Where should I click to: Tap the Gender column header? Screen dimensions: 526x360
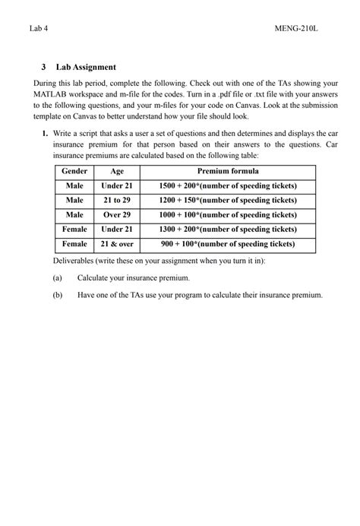coord(74,172)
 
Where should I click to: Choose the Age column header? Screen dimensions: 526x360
coord(117,172)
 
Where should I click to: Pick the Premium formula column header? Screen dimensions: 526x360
coord(228,172)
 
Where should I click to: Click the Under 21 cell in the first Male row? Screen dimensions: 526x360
coord(117,186)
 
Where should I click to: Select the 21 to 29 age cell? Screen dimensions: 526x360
coord(117,201)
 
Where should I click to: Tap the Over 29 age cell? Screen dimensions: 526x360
coord(117,215)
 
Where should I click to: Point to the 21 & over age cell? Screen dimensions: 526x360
coord(117,245)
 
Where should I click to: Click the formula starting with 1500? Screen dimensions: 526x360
coord(228,186)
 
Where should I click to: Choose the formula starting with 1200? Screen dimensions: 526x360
coord(228,201)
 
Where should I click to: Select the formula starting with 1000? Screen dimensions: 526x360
coord(228,215)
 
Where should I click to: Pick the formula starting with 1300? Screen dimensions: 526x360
coord(228,230)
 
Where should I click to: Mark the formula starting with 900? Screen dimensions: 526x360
coord(228,245)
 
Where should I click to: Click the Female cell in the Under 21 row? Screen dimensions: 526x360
coord(74,230)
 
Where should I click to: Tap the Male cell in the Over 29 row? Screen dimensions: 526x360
coord(74,215)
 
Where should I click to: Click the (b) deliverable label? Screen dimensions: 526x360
coord(58,295)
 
